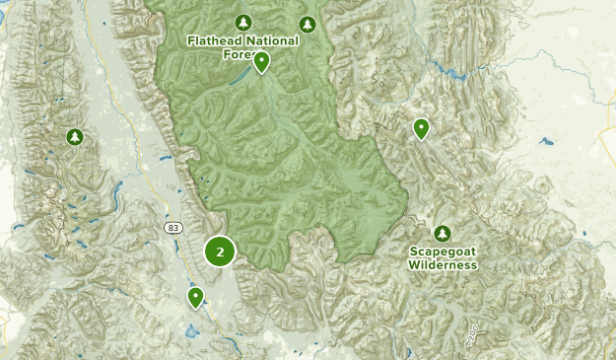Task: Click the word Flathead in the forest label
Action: pos(214,41)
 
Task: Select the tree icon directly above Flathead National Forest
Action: pos(243,23)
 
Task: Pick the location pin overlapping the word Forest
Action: pos(261,63)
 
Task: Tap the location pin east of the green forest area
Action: pos(421,128)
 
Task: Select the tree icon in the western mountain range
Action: pos(74,137)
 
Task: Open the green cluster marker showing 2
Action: pos(220,252)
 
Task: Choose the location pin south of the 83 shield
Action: pos(195,297)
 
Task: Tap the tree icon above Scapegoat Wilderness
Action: pos(443,233)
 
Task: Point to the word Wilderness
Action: pos(444,264)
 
